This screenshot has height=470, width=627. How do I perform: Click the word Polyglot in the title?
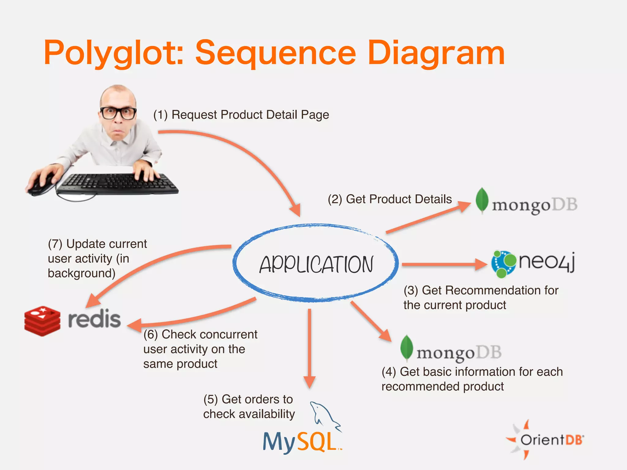tap(113, 54)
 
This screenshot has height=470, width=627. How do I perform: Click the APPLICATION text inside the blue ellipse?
tap(316, 264)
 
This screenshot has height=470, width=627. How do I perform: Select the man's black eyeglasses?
tap(118, 113)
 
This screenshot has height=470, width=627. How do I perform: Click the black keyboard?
tap(118, 184)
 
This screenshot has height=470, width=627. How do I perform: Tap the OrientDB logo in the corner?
tap(545, 440)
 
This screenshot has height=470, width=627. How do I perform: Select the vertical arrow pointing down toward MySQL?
tap(310, 349)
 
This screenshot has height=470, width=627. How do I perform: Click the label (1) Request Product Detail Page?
tap(241, 115)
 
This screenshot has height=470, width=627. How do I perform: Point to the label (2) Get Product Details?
tap(389, 199)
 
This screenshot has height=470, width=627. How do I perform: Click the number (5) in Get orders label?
tap(211, 399)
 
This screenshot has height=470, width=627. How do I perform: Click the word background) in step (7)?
tap(81, 273)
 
